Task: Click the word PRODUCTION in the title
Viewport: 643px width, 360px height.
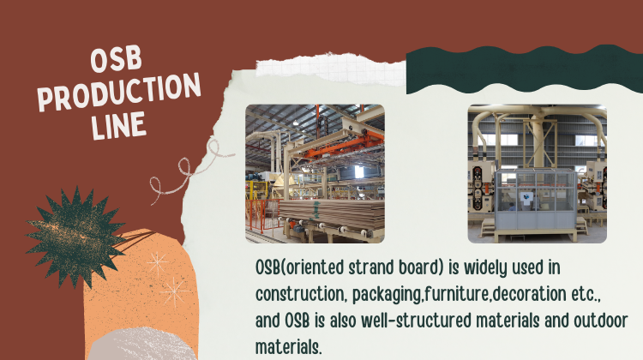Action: click(119, 93)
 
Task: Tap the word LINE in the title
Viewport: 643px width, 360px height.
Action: click(118, 125)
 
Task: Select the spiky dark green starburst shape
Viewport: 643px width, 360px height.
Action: click(75, 237)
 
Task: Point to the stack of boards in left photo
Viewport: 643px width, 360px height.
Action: click(331, 214)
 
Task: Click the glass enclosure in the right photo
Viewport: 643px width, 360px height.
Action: click(535, 200)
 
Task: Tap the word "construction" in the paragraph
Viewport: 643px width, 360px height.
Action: click(300, 294)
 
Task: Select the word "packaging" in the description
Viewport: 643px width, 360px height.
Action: click(387, 295)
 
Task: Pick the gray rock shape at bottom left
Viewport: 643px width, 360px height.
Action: click(142, 345)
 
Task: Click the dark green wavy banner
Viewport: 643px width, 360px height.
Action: click(525, 69)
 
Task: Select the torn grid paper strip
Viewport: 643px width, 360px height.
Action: click(331, 69)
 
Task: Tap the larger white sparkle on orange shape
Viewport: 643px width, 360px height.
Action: click(175, 292)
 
